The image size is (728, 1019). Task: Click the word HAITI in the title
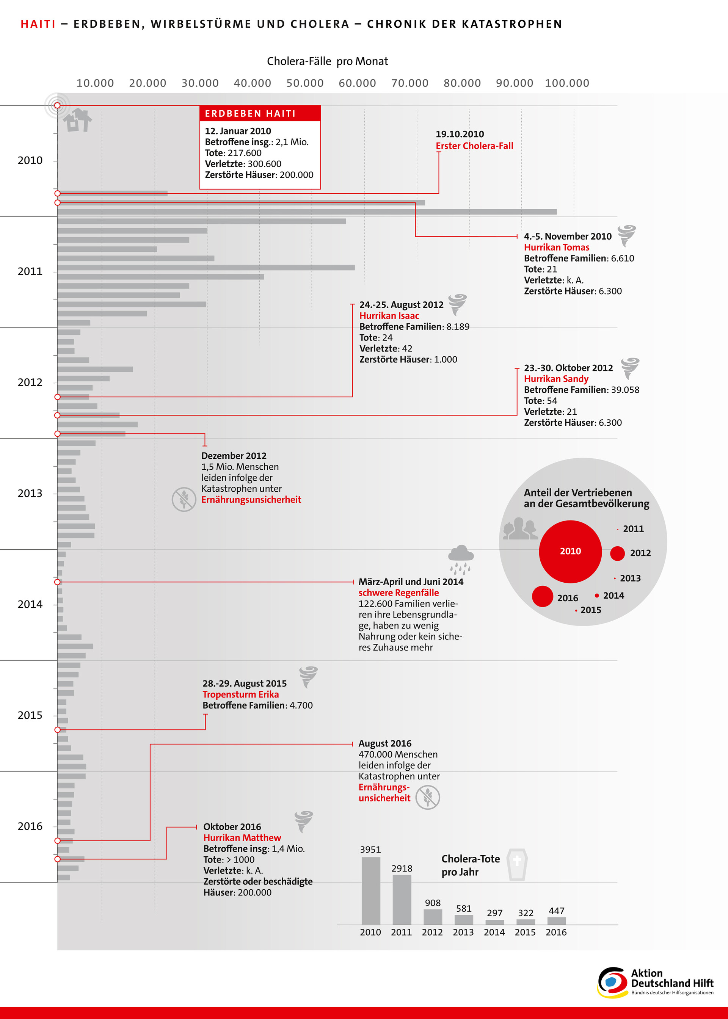(38, 24)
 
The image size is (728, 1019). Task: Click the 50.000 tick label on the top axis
(305, 83)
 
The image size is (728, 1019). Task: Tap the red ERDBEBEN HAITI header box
(260, 113)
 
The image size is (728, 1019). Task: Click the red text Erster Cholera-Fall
(474, 146)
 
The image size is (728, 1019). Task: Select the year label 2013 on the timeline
(30, 493)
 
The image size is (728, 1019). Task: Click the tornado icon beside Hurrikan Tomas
(627, 235)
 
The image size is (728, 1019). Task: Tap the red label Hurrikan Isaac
(389, 315)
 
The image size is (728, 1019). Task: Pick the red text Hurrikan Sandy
(556, 379)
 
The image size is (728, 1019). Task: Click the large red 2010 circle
(570, 552)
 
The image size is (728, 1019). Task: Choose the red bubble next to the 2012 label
(617, 553)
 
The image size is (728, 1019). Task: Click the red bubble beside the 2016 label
(543, 596)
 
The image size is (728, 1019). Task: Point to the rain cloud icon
(460, 560)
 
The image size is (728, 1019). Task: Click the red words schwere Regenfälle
(399, 593)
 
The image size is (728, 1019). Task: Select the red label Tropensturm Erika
(241, 694)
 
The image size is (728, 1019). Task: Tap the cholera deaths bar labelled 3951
(371, 890)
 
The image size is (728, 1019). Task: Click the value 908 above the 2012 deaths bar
(433, 903)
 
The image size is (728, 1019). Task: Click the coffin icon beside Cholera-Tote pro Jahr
(517, 864)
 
